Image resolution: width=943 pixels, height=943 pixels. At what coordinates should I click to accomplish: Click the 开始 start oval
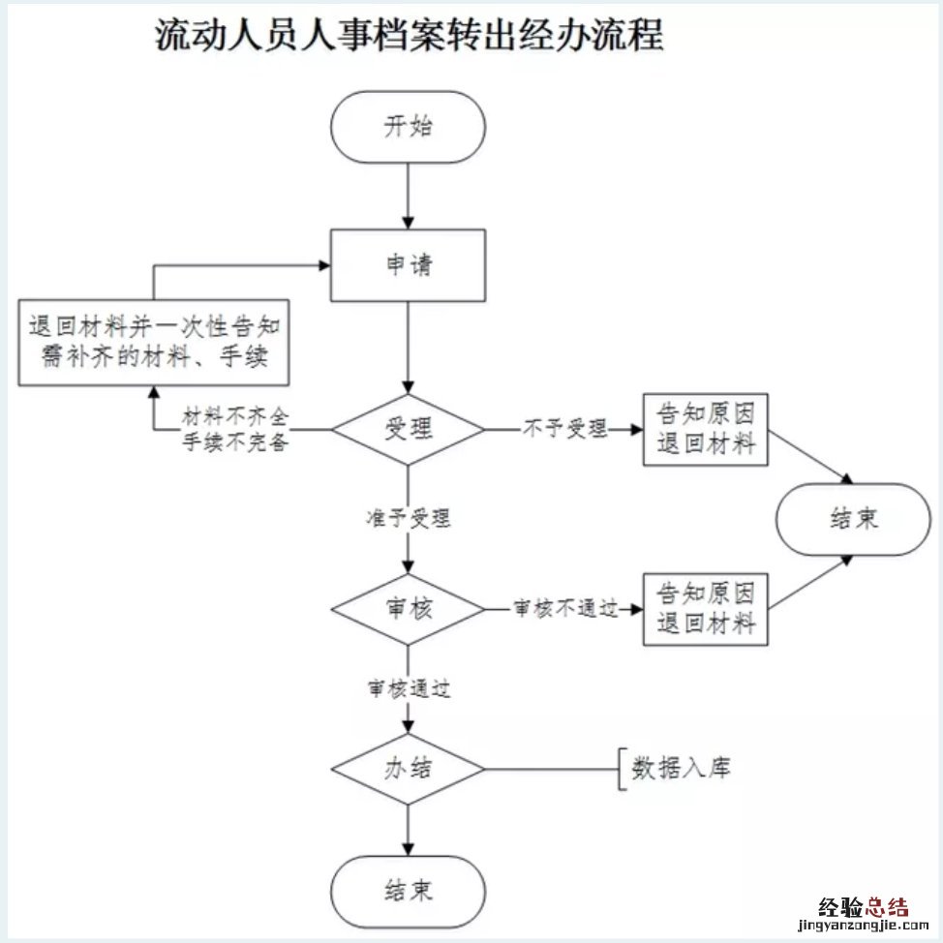point(408,128)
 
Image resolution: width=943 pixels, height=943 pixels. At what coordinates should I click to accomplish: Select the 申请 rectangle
point(408,265)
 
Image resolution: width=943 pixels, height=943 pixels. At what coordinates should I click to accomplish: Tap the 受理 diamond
point(408,429)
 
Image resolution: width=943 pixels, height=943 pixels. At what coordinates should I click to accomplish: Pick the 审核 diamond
point(408,609)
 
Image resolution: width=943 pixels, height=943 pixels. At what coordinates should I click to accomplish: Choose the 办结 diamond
point(408,771)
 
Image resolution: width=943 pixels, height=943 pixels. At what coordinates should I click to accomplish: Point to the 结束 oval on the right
point(852,519)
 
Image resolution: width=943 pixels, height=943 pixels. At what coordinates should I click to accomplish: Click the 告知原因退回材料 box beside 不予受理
point(706,430)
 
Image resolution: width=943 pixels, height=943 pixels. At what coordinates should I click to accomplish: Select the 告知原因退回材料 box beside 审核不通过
point(706,609)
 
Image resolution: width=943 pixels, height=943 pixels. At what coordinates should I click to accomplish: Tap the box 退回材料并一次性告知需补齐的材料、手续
point(156,343)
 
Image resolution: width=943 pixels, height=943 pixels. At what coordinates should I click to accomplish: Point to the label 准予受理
point(408,518)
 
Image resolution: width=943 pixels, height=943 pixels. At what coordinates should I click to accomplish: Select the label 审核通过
point(408,689)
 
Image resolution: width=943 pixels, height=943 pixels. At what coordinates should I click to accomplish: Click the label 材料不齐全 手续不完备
point(236,429)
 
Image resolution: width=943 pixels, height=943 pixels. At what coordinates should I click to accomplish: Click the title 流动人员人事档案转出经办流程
point(410,37)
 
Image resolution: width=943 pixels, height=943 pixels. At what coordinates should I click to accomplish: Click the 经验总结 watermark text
point(864,907)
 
